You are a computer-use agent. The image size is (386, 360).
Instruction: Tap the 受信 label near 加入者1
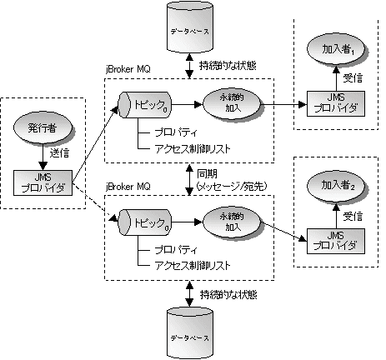(x=353, y=79)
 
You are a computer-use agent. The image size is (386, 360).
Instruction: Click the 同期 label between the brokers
(x=207, y=173)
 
